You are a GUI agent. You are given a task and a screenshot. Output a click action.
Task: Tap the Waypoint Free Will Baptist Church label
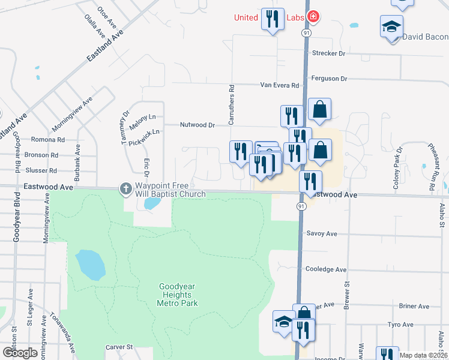coord(170,190)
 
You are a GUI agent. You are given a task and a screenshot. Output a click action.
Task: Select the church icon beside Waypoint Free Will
coord(126,190)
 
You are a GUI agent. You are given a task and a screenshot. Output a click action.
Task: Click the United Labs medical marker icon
coord(312,16)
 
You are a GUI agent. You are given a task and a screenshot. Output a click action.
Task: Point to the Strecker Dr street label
coord(330,53)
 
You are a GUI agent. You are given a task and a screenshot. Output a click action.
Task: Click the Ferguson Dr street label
coord(330,79)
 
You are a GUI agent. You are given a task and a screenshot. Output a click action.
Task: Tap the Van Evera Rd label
coord(279,86)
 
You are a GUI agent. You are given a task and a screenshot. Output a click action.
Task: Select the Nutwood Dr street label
coord(197,125)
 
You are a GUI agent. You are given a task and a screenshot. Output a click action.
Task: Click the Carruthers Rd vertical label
coord(231,104)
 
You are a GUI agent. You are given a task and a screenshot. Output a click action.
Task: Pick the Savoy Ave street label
coord(323,233)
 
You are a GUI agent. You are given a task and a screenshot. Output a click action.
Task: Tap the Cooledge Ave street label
coord(327,270)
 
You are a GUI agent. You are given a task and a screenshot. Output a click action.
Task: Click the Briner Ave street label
coord(414,306)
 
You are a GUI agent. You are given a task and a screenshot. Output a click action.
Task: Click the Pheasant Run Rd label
coord(431,166)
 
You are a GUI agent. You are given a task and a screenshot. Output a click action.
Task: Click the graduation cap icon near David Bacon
coord(391,27)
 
